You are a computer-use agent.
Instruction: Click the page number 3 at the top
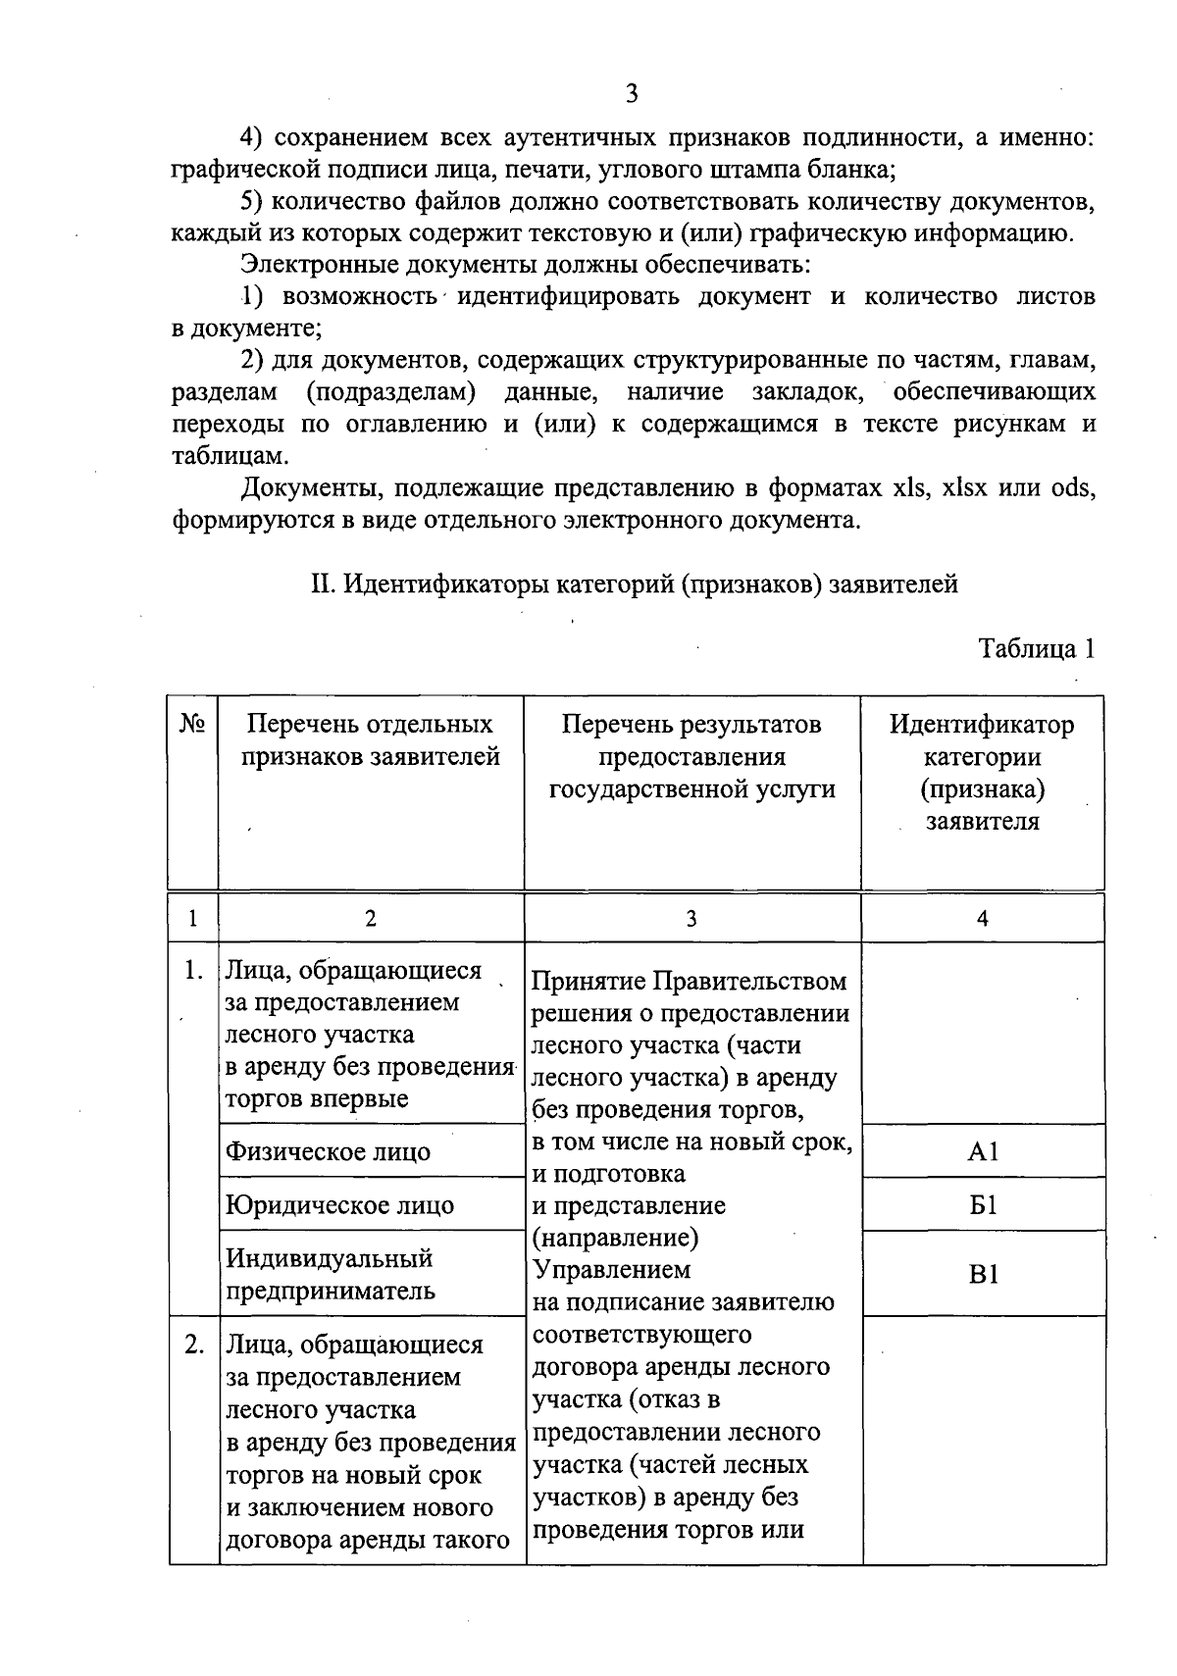[x=631, y=94]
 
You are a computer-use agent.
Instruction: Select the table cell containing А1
[x=983, y=1151]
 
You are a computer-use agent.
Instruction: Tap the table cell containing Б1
[x=983, y=1204]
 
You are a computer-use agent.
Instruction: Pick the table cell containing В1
[x=983, y=1274]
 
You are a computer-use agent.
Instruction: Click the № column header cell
[x=192, y=725]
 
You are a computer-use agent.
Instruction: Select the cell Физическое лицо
[x=328, y=1151]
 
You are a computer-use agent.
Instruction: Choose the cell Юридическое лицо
[x=339, y=1204]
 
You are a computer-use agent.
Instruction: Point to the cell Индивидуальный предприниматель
[x=330, y=1274]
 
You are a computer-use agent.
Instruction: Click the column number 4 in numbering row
[x=983, y=919]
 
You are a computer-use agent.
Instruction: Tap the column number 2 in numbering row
[x=370, y=919]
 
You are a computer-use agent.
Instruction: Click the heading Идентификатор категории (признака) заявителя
[x=983, y=773]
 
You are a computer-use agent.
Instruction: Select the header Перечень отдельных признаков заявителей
[x=370, y=740]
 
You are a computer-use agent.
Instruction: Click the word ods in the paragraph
[x=1071, y=487]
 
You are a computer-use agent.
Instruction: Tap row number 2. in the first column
[x=193, y=1345]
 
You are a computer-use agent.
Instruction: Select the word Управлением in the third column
[x=611, y=1270]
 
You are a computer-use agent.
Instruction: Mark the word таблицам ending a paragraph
[x=230, y=456]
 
